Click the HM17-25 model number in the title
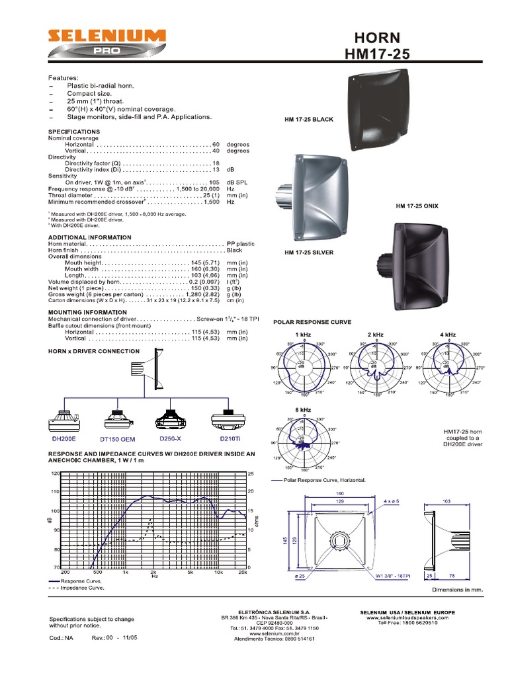[378, 54]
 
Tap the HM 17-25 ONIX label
[417, 206]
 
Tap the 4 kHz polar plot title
[447, 335]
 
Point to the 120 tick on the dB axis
[55, 474]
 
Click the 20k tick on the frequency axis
[243, 573]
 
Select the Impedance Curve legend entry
[77, 587]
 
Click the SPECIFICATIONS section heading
[73, 132]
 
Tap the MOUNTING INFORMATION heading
[87, 312]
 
